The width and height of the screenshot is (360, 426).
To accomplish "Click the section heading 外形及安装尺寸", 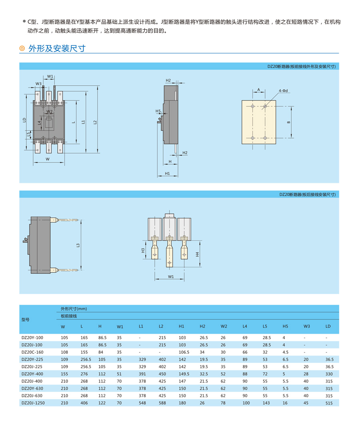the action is tap(57, 48).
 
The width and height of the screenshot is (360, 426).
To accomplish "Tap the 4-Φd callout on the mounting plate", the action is tap(283, 91).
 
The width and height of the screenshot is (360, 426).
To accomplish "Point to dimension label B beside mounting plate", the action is tap(288, 122).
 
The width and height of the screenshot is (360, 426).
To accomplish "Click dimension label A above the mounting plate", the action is tap(258, 90).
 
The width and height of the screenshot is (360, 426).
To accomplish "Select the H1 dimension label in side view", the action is tap(167, 173).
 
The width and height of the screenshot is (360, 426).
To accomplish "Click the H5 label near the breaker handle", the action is tap(158, 111).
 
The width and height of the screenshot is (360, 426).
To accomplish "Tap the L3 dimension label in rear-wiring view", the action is tap(78, 245).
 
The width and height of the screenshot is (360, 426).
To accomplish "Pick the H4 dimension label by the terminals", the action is tap(197, 254).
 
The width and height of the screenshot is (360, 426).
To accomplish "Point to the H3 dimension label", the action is tap(143, 250).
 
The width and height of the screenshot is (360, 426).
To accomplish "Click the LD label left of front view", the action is tap(24, 120).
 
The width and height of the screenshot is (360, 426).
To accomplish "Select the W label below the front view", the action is tap(48, 159).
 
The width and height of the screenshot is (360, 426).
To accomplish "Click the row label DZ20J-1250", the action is tap(33, 403).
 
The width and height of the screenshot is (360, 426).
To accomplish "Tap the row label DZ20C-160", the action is tap(32, 352).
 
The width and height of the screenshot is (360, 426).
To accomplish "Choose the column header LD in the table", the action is tap(328, 326).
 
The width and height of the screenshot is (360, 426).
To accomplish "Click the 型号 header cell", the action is tap(25, 320).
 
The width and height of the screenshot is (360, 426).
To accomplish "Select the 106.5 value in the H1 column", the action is tap(184, 352).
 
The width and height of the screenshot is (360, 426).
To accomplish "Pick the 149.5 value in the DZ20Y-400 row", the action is tap(184, 374).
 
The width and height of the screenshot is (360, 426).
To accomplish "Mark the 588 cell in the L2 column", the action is tap(162, 403).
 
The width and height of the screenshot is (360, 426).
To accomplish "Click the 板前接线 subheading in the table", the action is tap(69, 316).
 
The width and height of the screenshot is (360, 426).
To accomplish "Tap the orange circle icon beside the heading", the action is tap(22, 48).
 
